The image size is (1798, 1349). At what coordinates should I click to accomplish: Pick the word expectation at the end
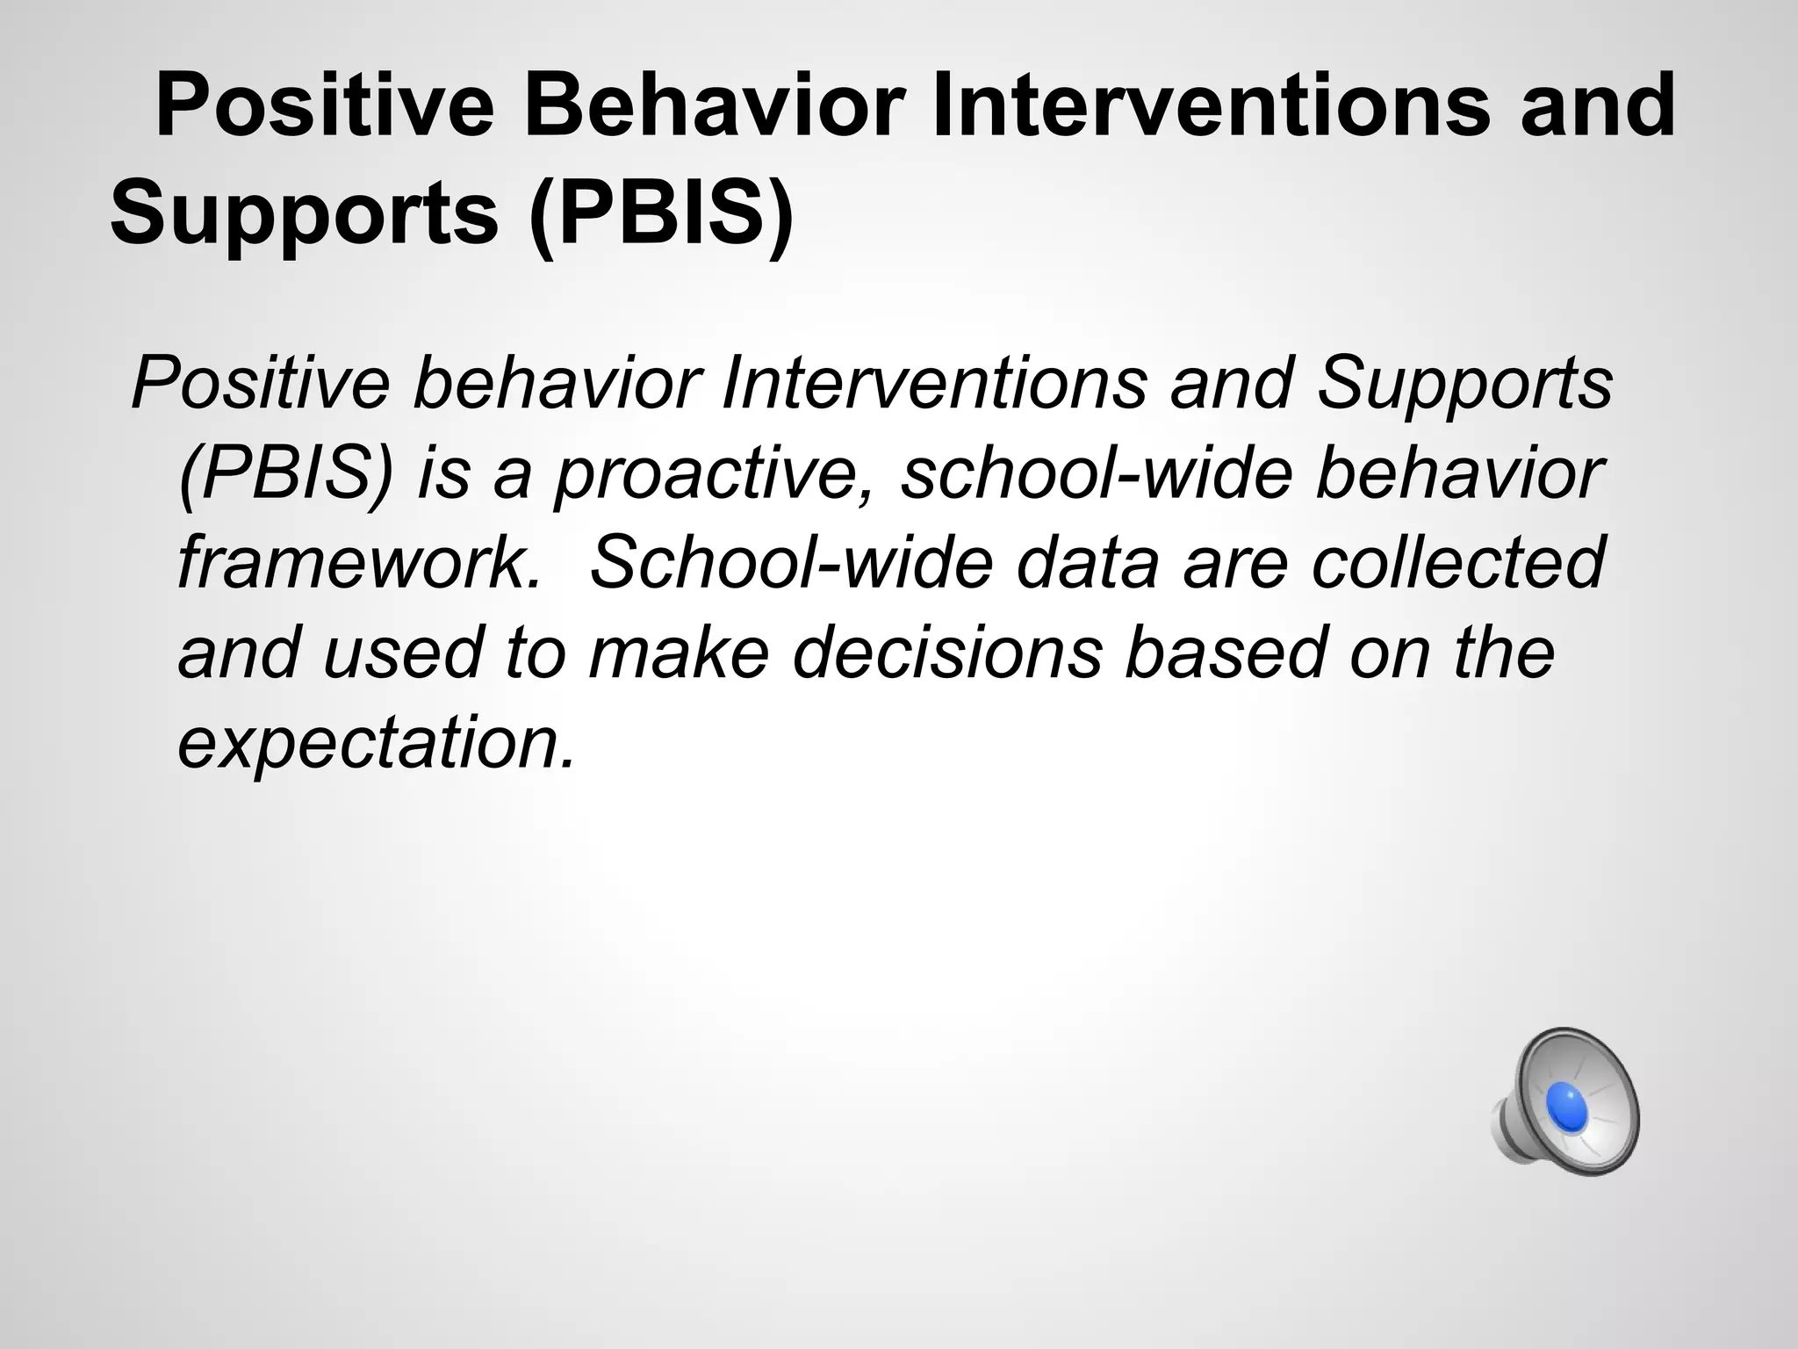click(x=376, y=743)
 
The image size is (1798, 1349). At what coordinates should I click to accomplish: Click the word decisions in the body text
click(x=946, y=652)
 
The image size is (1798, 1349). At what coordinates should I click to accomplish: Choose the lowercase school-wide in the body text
click(x=1097, y=474)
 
